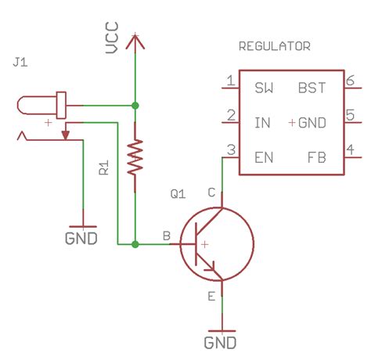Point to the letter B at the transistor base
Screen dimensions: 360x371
(165, 235)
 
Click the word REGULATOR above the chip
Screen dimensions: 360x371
(274, 47)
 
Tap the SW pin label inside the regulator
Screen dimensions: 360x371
(264, 88)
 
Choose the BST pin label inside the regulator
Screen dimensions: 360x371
(312, 88)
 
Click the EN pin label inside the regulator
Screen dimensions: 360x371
(264, 157)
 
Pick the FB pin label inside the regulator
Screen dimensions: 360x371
(317, 157)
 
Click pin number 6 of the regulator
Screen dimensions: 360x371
(351, 81)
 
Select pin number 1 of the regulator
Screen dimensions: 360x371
(229, 81)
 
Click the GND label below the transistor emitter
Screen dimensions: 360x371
(222, 342)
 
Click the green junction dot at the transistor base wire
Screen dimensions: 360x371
(135, 244)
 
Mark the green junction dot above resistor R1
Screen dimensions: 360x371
(135, 104)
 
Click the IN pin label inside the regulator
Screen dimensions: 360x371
(262, 123)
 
